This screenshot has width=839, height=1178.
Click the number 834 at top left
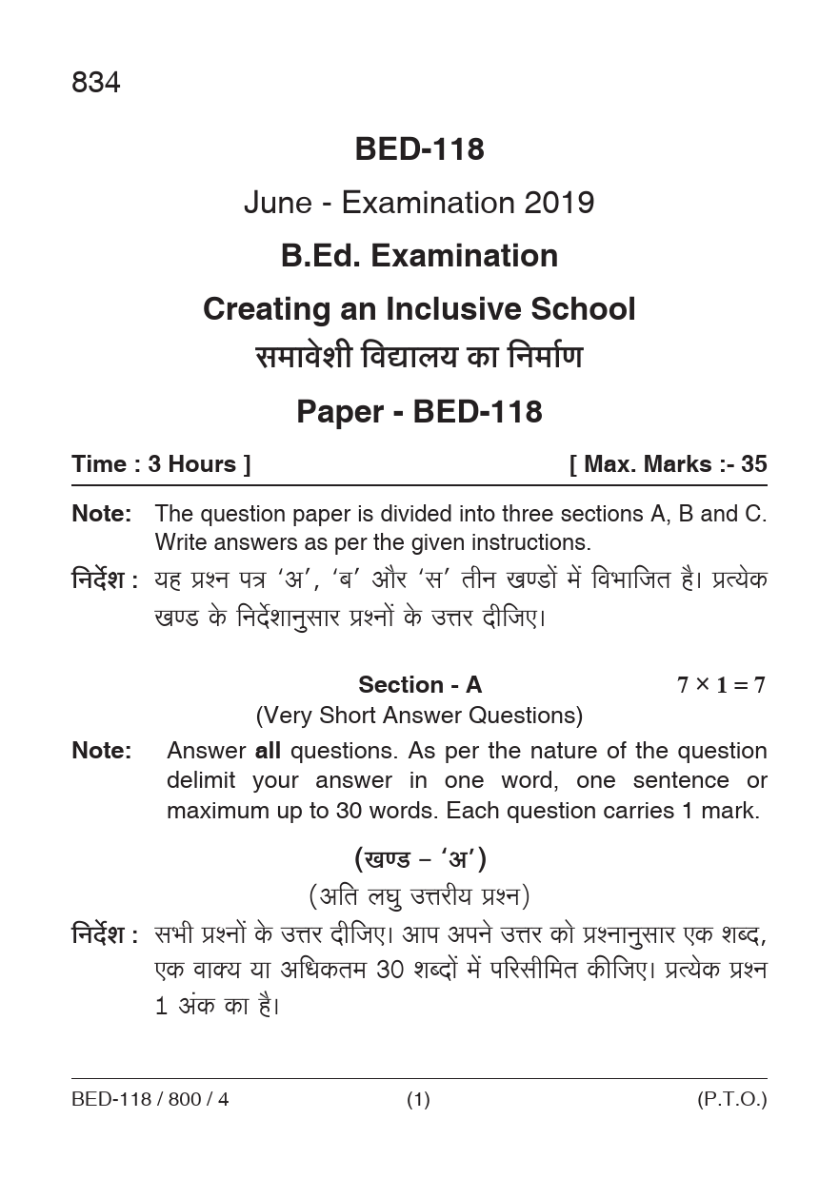(95, 84)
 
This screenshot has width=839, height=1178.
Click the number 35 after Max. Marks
(753, 464)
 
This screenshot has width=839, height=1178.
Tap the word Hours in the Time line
(202, 464)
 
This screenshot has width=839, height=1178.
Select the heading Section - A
(420, 684)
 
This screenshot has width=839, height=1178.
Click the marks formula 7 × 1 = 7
(721, 685)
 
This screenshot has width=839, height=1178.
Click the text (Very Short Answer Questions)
(419, 715)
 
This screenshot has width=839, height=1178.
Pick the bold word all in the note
(268, 751)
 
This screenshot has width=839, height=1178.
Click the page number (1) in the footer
(419, 1101)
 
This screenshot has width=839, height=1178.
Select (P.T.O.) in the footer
(731, 1101)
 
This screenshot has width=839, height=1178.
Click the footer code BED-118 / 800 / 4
(150, 1101)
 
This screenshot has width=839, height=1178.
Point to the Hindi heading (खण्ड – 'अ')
(420, 859)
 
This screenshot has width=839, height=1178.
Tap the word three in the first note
(547, 514)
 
